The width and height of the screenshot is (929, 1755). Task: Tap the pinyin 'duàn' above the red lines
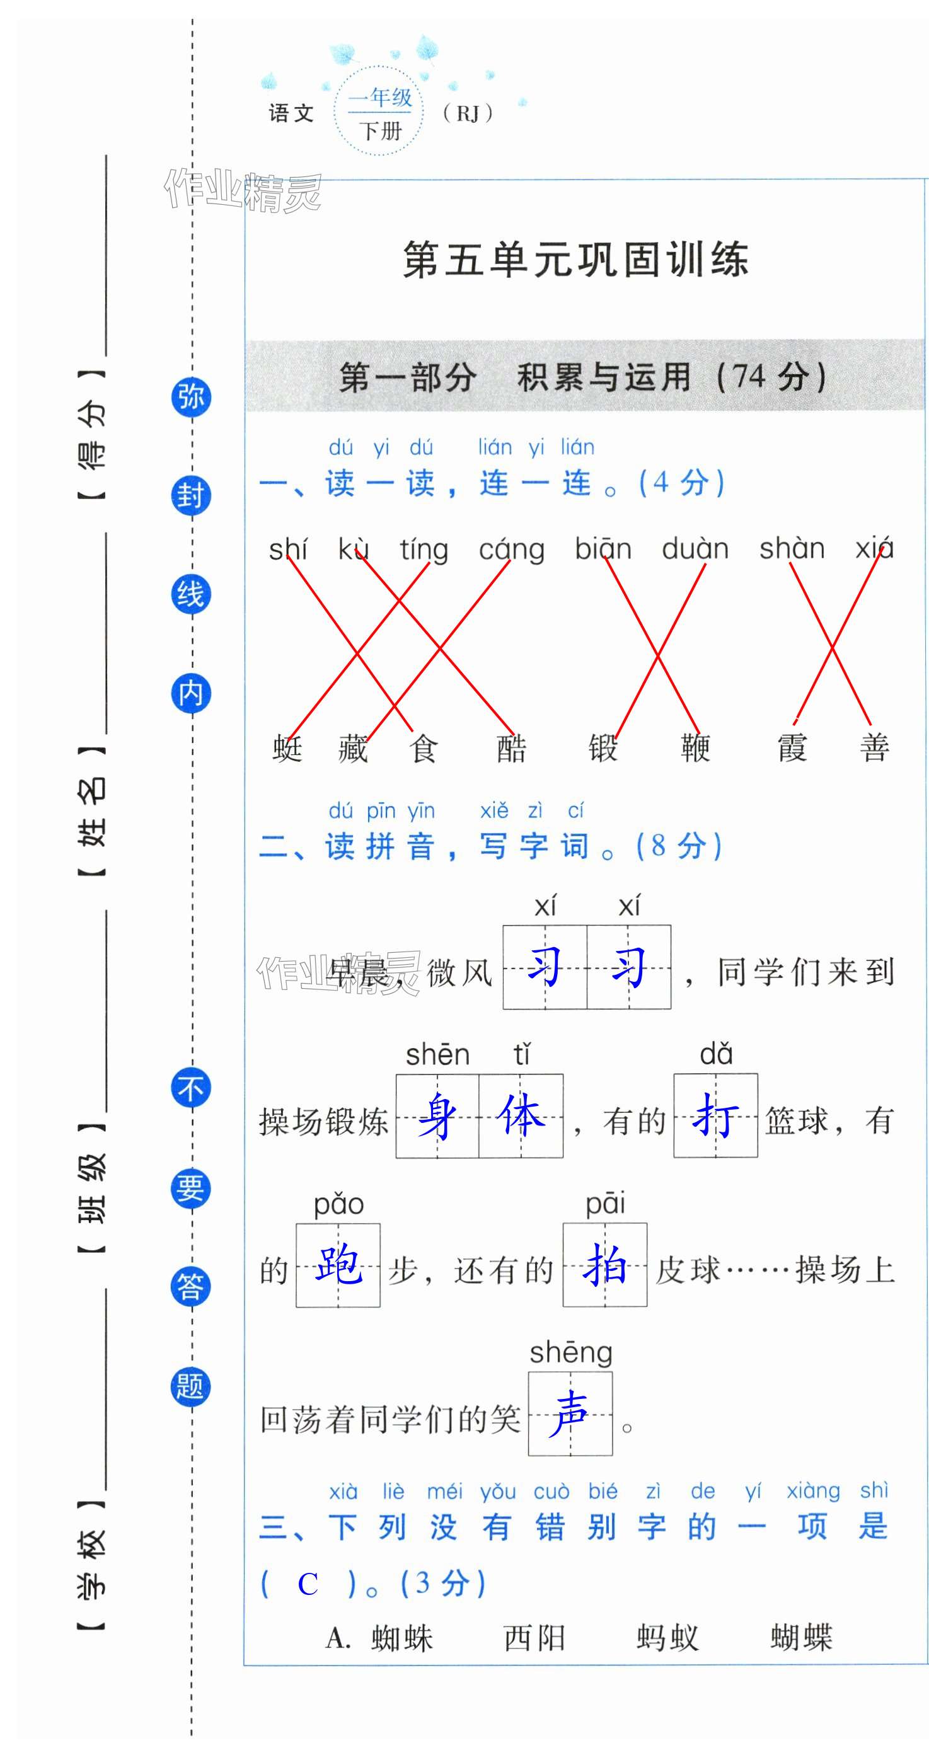tap(695, 549)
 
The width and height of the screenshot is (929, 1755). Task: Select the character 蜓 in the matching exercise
tap(287, 748)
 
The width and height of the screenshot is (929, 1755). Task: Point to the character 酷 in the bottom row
tap(511, 748)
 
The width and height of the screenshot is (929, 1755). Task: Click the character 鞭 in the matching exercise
tap(695, 748)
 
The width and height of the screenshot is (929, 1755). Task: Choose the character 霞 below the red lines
tap(792, 748)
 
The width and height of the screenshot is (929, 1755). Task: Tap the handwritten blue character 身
tap(437, 1116)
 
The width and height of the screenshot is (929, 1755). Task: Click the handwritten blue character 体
tap(521, 1116)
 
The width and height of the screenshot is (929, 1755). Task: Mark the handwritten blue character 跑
tap(338, 1265)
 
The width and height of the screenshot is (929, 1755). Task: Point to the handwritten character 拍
tap(604, 1265)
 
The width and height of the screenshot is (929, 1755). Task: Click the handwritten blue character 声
tap(570, 1414)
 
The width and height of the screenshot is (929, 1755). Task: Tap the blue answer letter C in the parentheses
tap(308, 1584)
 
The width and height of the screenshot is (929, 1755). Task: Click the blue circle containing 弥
tap(191, 396)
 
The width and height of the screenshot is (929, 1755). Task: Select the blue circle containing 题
tap(191, 1386)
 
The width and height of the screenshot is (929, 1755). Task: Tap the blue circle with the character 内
tap(191, 694)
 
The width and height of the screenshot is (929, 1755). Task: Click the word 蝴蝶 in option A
tap(802, 1638)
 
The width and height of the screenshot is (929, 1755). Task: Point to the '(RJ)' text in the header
tap(468, 113)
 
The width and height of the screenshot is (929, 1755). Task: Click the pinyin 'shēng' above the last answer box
tap(571, 1353)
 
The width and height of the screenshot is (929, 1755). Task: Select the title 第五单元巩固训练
tap(576, 260)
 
